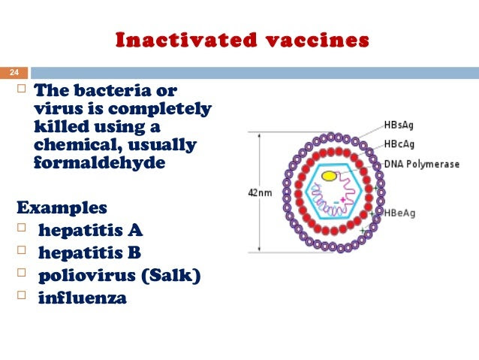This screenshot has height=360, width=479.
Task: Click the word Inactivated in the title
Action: point(186,40)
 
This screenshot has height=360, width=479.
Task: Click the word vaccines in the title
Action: point(318,41)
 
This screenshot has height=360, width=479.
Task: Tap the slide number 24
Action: point(14,72)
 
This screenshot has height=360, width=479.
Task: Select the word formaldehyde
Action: point(100,162)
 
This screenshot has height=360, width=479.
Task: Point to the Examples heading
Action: point(62,207)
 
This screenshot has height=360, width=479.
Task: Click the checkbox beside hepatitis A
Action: point(21,228)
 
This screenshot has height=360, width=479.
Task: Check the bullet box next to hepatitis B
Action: point(21,250)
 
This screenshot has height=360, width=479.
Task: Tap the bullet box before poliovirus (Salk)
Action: point(21,273)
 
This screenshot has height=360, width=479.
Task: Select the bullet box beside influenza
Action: point(21,295)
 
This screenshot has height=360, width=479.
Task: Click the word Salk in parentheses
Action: point(170,275)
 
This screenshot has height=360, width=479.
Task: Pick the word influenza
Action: point(83,298)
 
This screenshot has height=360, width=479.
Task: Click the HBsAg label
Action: point(399,125)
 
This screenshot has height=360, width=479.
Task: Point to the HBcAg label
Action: point(399,144)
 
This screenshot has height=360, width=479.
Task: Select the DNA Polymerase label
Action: point(422,165)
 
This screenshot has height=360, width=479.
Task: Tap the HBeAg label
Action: point(399,213)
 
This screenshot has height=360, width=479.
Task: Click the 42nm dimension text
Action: point(260,192)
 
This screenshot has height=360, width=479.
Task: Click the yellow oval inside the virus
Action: point(329,176)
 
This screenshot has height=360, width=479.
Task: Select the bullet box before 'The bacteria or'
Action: point(21,89)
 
